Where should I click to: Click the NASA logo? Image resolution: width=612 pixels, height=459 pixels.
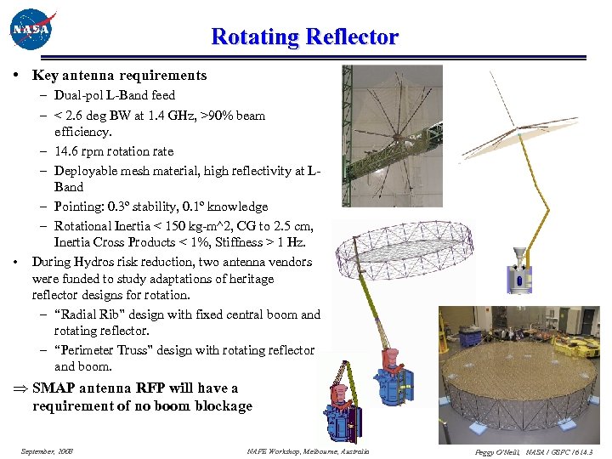(x=31, y=31)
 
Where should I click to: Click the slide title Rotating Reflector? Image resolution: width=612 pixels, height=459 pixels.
(x=304, y=37)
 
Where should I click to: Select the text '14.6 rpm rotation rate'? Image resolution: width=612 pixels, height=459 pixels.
(x=113, y=151)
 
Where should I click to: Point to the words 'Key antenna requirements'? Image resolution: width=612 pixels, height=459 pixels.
(x=119, y=76)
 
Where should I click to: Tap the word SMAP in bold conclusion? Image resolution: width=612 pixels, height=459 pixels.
(x=55, y=388)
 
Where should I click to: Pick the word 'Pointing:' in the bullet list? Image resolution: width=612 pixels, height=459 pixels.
(x=79, y=207)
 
